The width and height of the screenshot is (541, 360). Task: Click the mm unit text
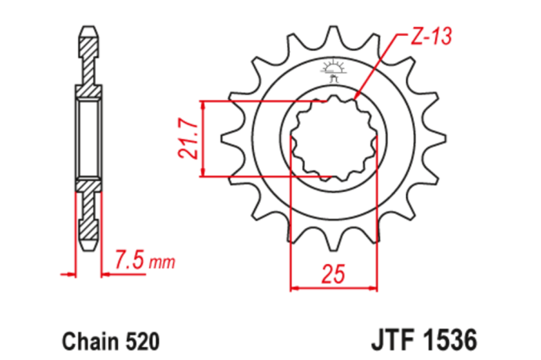coord(161,263)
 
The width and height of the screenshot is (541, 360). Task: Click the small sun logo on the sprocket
coord(334,68)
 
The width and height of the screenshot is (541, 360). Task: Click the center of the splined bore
coord(334,139)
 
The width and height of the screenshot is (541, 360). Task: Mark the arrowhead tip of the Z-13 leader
coord(357,98)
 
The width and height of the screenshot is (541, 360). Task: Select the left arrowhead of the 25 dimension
coord(292,289)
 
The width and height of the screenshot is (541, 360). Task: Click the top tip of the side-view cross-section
coord(88,29)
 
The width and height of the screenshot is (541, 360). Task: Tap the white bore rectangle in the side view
coord(88,139)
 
